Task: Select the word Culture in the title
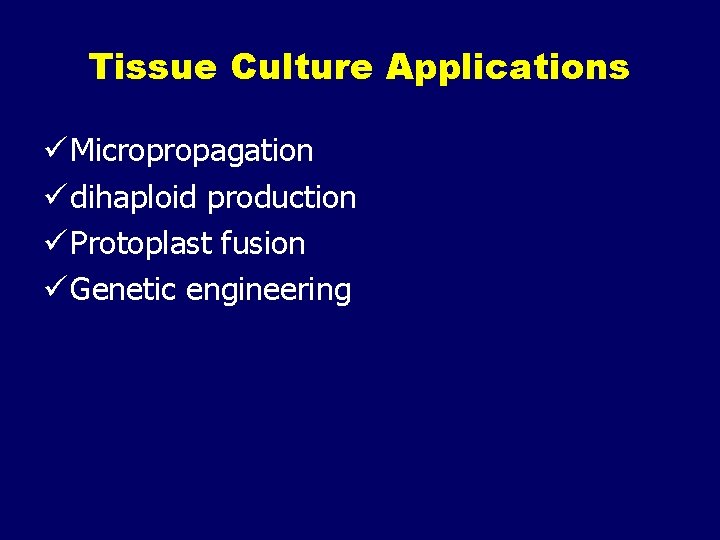301,68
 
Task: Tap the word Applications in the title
508,68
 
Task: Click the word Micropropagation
192,152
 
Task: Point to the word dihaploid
135,198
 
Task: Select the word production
281,199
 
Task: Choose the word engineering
269,291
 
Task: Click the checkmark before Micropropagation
58,151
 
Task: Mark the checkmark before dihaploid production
58,197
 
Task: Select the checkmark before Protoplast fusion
58,243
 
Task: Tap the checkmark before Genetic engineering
58,289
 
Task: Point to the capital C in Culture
243,68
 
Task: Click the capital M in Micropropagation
83,151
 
